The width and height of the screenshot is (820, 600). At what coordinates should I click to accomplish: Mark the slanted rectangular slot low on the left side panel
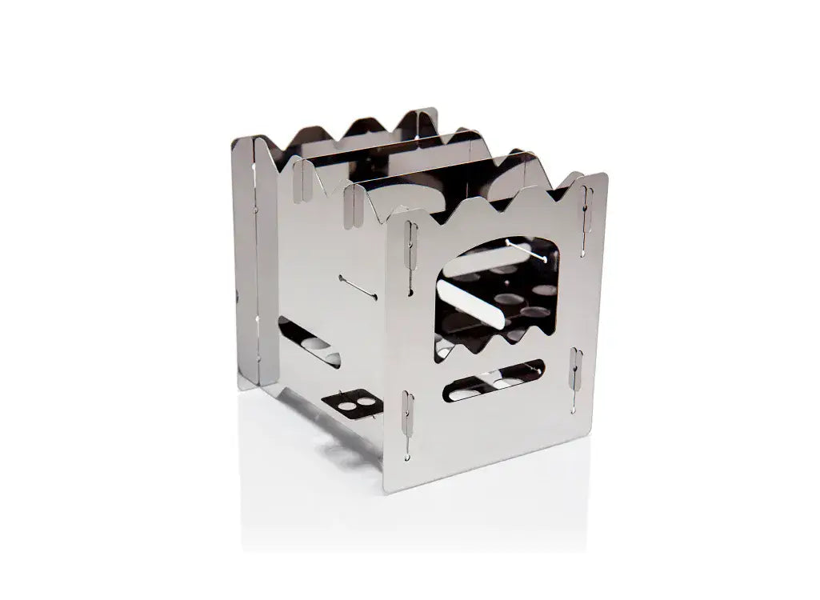point(309,341)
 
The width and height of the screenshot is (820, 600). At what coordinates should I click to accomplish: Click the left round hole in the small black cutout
point(341,404)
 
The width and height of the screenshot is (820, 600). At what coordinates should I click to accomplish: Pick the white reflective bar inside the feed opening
point(477,305)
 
